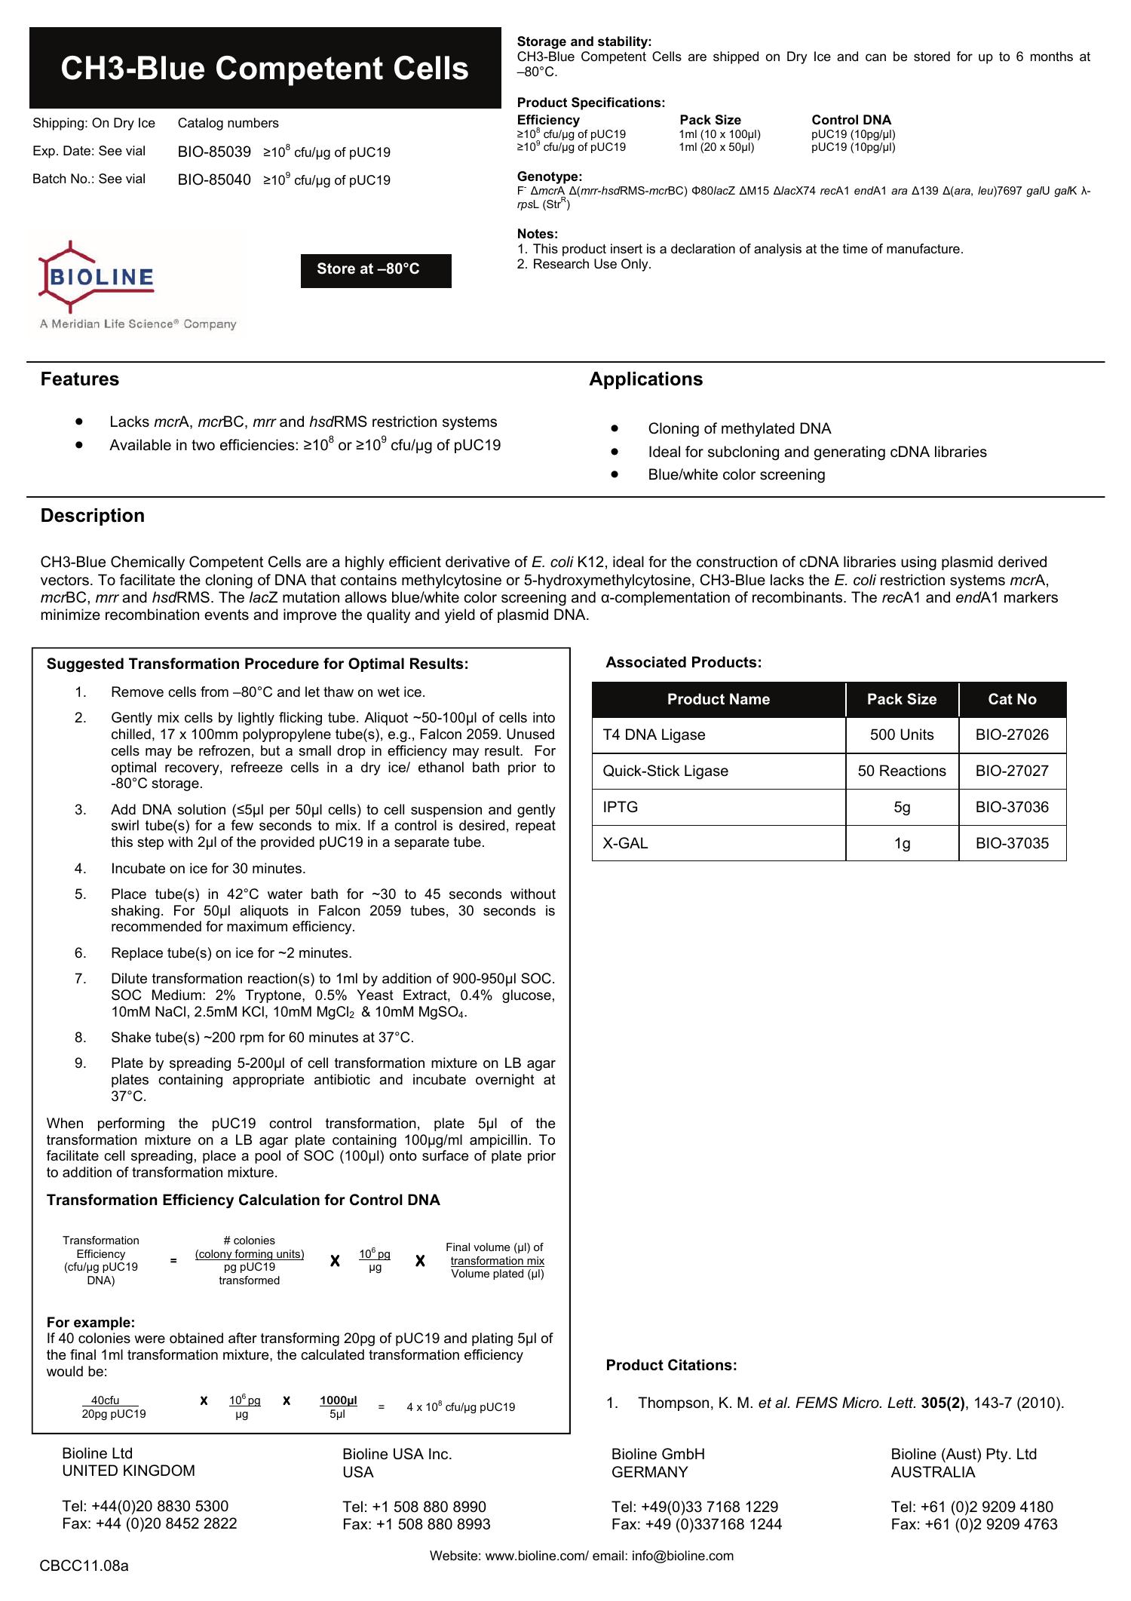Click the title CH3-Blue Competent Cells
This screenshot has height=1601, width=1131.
tap(265, 69)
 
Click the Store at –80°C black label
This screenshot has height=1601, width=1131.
tap(375, 270)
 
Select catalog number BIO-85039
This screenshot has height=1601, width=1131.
tap(214, 152)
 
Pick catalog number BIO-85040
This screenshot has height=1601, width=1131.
tap(214, 180)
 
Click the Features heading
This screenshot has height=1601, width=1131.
tap(80, 379)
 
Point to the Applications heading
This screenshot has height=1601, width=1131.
tap(645, 379)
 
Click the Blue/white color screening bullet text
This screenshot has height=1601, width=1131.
tap(736, 475)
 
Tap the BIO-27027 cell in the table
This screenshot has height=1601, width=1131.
tap(1011, 771)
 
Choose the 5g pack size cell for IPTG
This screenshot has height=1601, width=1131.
tap(902, 808)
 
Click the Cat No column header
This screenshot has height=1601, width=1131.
tap(1012, 700)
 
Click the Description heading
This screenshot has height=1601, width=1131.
tap(93, 516)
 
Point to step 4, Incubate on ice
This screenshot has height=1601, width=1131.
tap(208, 869)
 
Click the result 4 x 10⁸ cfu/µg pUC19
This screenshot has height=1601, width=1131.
tap(461, 1407)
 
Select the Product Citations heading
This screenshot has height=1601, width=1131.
tap(671, 1366)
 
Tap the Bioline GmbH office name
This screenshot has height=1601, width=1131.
tap(657, 1454)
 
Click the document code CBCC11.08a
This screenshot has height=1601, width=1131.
tap(84, 1566)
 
